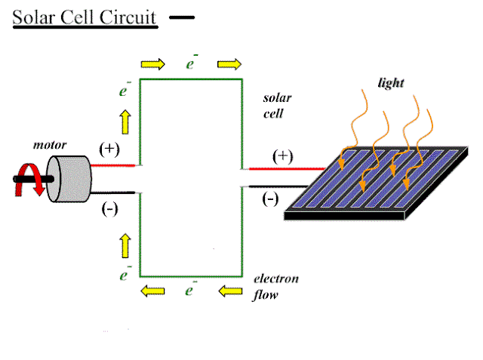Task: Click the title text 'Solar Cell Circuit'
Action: pos(85,17)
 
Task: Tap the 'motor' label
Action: pos(51,144)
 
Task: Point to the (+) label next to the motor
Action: pos(109,149)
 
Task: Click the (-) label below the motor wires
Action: pos(109,209)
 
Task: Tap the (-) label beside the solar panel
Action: pos(270,200)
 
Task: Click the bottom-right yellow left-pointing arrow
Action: pos(229,289)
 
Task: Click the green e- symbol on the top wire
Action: pos(192,63)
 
